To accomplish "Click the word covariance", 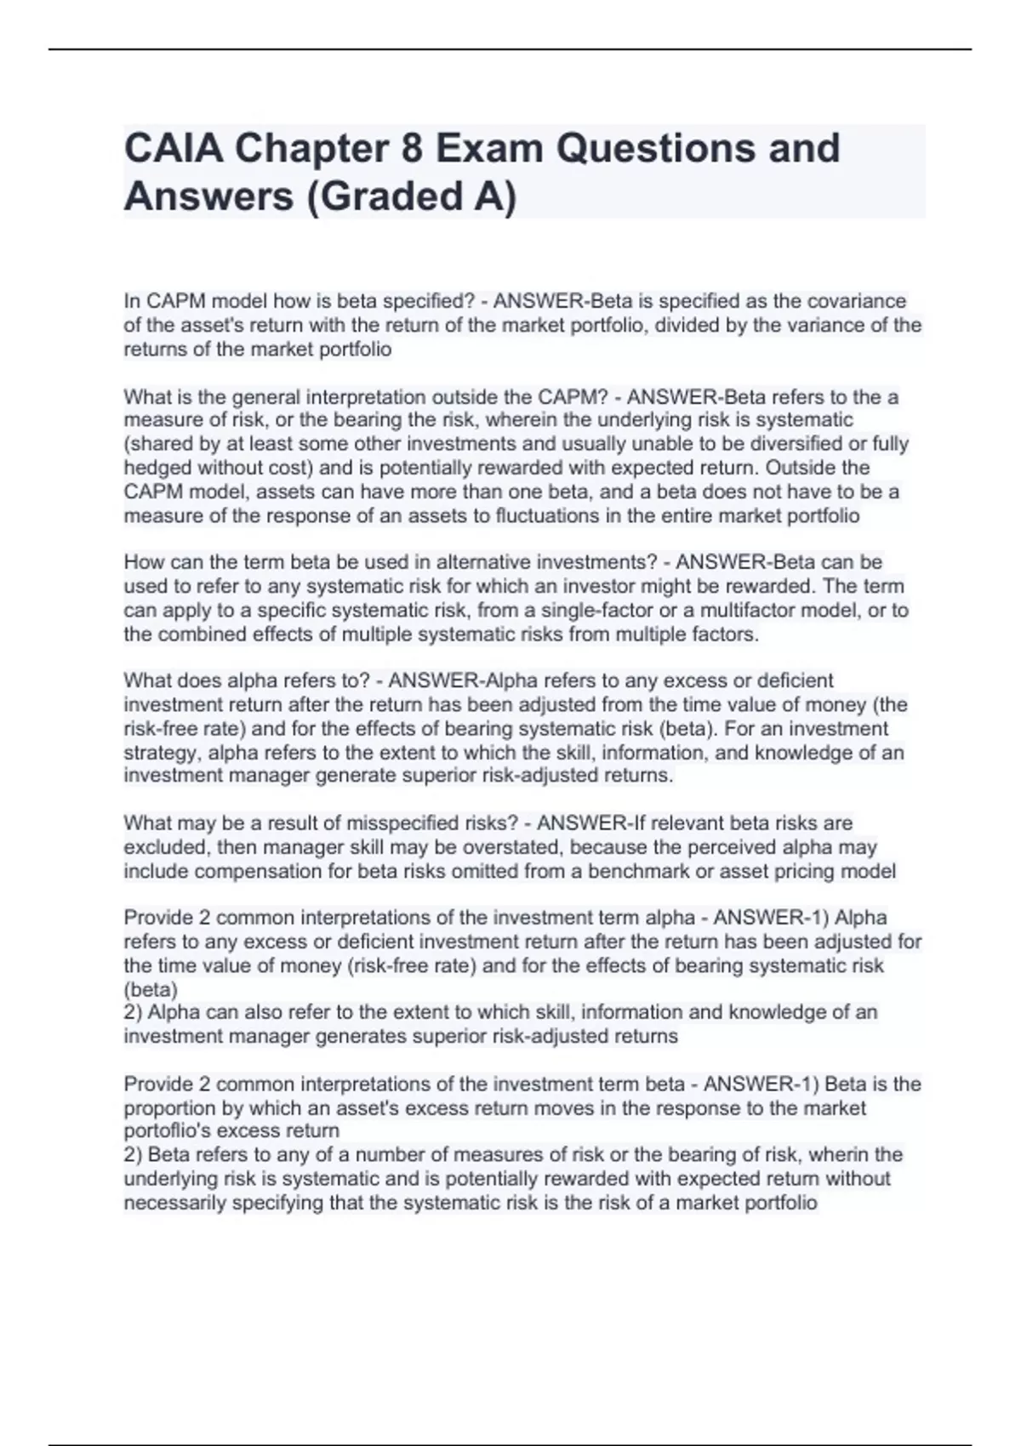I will pyautogui.click(x=856, y=301).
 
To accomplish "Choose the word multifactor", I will pyautogui.click(x=759, y=611).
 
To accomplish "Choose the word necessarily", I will pyautogui.click(x=174, y=1203).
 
